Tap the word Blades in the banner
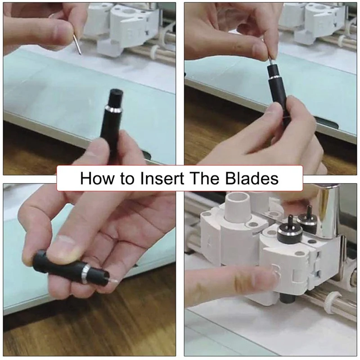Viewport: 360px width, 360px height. tap(252, 178)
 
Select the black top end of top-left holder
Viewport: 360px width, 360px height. tap(115, 96)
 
